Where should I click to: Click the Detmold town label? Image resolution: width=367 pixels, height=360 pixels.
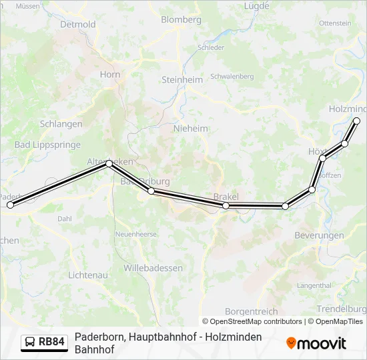click(x=77, y=25)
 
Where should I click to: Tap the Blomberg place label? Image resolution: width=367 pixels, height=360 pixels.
click(x=181, y=20)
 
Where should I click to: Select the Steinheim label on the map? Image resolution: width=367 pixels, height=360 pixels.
click(x=181, y=79)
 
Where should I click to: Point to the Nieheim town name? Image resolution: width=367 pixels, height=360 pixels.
click(x=191, y=129)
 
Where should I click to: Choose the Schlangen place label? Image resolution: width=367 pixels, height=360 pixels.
click(x=61, y=124)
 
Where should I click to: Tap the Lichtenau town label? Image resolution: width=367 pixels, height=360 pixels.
click(x=89, y=275)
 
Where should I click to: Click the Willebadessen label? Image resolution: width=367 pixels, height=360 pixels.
click(x=153, y=268)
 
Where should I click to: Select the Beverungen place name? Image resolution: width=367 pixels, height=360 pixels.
click(x=319, y=235)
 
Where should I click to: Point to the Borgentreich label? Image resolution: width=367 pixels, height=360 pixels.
click(x=250, y=311)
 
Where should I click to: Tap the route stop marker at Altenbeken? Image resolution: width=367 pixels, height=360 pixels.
click(x=109, y=163)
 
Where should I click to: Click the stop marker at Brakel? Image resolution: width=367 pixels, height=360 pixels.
click(x=226, y=205)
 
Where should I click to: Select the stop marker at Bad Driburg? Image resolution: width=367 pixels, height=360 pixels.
click(x=151, y=191)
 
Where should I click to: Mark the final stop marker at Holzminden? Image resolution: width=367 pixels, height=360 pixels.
click(x=356, y=121)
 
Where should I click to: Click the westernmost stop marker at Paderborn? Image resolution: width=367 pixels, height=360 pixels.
click(x=10, y=205)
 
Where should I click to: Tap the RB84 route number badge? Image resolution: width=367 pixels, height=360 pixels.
click(x=45, y=342)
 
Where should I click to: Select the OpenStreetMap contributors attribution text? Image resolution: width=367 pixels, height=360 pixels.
click(x=252, y=321)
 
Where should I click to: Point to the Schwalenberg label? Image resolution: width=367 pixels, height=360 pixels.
click(x=232, y=77)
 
